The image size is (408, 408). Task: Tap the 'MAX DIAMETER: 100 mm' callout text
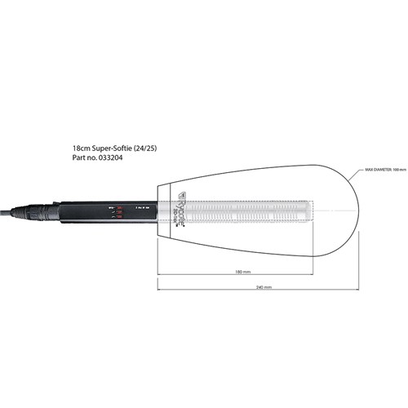384,170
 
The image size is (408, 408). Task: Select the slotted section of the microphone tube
253,211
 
